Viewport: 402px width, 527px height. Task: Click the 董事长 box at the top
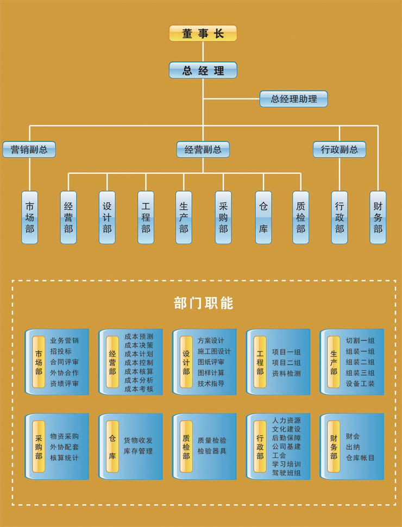click(203, 34)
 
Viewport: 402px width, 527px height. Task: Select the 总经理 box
click(203, 71)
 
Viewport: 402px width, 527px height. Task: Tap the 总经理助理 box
click(293, 99)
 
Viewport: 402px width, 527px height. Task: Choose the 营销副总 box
click(29, 149)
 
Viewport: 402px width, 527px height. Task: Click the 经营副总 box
click(203, 149)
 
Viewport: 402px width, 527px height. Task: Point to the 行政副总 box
click(339, 149)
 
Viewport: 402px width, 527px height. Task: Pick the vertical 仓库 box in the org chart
click(263, 217)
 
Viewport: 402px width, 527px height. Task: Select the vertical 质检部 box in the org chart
click(300, 217)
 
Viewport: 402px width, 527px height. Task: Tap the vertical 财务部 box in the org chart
click(378, 217)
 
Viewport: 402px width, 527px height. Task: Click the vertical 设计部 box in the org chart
click(107, 217)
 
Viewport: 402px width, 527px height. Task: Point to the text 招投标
click(60, 352)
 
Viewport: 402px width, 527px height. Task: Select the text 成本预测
click(139, 336)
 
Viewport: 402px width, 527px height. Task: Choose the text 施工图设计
click(214, 352)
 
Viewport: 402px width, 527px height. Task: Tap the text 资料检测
click(286, 373)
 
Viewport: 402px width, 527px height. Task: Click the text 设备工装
click(360, 384)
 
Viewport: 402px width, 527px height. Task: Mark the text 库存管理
click(138, 451)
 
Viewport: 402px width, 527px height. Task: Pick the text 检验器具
click(212, 451)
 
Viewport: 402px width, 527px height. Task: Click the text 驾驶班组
click(286, 473)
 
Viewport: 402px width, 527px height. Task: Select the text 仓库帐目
click(360, 457)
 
